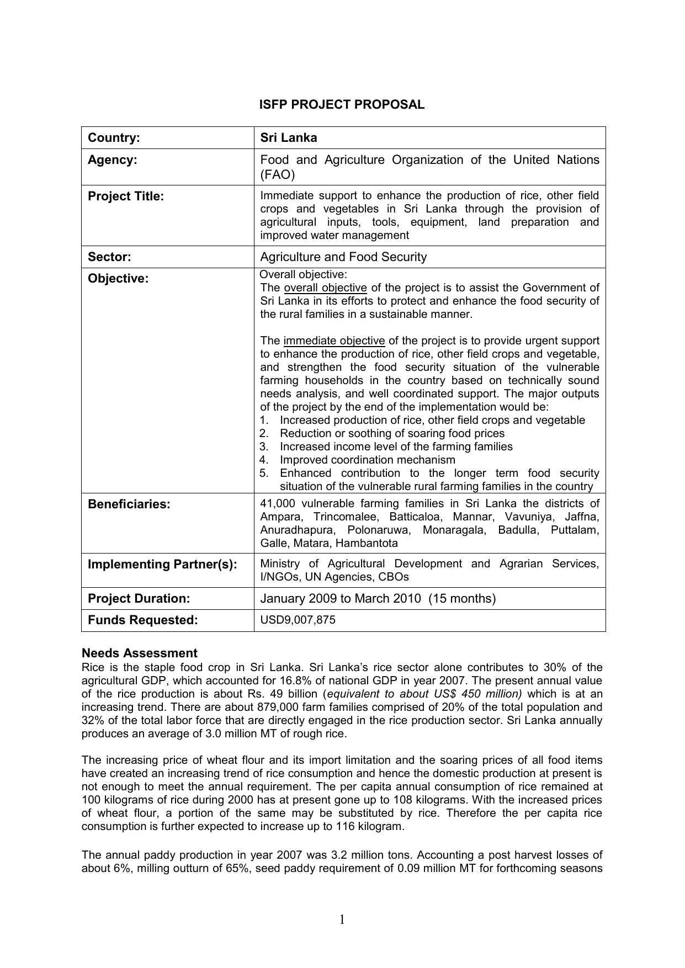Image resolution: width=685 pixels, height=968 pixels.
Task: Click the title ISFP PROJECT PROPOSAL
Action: (x=342, y=105)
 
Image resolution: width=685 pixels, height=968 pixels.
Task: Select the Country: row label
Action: (x=114, y=138)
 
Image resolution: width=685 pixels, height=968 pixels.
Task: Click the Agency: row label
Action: (x=113, y=160)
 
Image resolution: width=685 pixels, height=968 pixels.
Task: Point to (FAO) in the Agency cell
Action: (x=278, y=175)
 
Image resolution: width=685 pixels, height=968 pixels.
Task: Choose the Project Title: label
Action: (x=126, y=196)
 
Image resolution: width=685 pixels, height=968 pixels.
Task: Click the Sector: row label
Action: (x=109, y=257)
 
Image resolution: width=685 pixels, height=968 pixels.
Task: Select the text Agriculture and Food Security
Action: (x=343, y=257)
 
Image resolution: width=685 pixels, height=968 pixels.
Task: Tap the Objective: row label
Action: (x=118, y=279)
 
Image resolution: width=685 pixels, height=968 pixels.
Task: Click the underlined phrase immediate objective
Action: (x=334, y=341)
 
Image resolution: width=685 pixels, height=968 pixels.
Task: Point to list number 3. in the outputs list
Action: (x=264, y=447)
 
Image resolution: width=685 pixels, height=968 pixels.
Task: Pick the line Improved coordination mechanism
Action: (x=368, y=460)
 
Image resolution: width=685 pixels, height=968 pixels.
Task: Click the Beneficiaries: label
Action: (x=129, y=504)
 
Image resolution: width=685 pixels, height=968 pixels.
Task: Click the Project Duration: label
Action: (x=139, y=599)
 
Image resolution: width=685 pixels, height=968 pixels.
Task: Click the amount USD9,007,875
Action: (x=298, y=620)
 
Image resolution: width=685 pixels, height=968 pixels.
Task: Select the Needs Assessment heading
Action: (x=139, y=653)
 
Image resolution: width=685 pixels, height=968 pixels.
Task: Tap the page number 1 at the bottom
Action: (x=342, y=919)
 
